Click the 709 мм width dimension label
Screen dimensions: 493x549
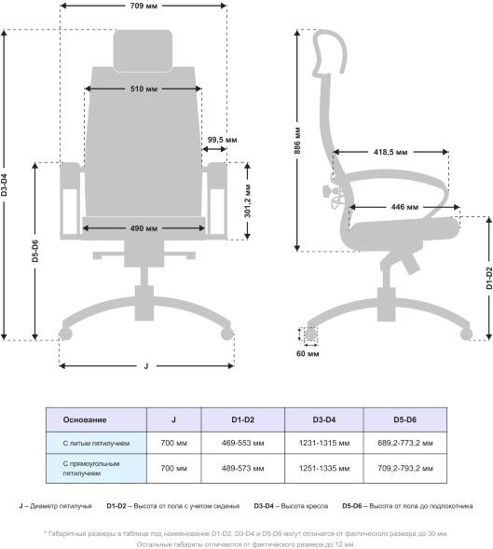click(144, 6)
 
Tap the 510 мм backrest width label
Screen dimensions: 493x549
click(144, 89)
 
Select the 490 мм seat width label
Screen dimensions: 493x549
click(144, 228)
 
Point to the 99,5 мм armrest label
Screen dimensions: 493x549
click(222, 140)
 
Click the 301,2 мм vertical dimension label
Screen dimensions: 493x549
click(248, 200)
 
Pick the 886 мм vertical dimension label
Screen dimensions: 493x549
click(297, 141)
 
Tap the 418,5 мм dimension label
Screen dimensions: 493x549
click(390, 152)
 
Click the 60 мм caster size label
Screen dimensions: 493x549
click(308, 354)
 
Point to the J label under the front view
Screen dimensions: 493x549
click(146, 366)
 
